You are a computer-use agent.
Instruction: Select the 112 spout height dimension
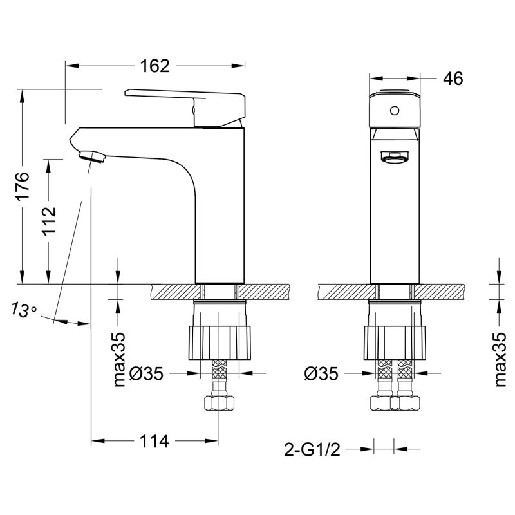(x=49, y=221)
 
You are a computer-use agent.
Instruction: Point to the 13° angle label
(x=24, y=310)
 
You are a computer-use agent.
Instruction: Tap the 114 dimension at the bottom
(x=154, y=441)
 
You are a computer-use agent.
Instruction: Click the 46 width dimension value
(x=453, y=79)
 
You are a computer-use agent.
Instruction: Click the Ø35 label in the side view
(x=153, y=373)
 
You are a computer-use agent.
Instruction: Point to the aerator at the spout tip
(x=91, y=156)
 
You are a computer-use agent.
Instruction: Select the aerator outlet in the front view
(x=394, y=156)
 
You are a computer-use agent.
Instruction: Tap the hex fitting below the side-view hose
(x=220, y=404)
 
